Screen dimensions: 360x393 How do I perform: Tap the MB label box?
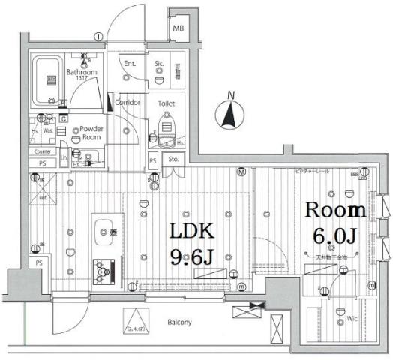click(178, 28)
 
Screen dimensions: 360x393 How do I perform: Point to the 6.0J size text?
click(335, 235)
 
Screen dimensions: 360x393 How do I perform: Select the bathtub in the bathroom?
click(51, 78)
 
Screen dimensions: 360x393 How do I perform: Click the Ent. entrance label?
click(130, 64)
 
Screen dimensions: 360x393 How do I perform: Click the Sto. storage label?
click(173, 159)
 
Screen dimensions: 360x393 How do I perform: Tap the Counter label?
click(42, 151)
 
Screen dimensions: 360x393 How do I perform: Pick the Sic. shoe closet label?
click(160, 64)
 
